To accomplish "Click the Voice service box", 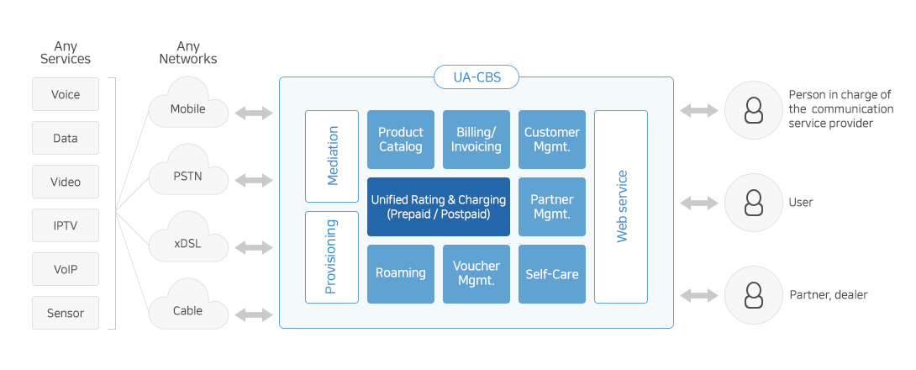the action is [66, 94].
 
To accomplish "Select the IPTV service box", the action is [66, 225].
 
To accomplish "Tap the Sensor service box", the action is [66, 313].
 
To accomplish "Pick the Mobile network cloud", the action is [188, 104].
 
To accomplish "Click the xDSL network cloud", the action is [188, 239].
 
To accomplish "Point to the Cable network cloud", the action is [188, 306].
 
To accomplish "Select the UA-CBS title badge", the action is [476, 77].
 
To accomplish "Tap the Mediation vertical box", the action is [332, 156].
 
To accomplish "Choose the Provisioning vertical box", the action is [332, 257].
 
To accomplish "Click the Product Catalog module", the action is [401, 140].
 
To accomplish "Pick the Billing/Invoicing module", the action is [476, 140].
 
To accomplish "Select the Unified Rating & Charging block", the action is [438, 207].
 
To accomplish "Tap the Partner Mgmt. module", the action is [552, 207].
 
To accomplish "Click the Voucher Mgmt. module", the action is [476, 274].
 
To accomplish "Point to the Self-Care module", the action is [552, 274].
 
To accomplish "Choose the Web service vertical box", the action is [621, 207].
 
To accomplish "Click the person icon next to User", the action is [754, 203].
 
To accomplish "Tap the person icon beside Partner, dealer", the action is [754, 295].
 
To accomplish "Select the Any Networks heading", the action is [188, 52].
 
